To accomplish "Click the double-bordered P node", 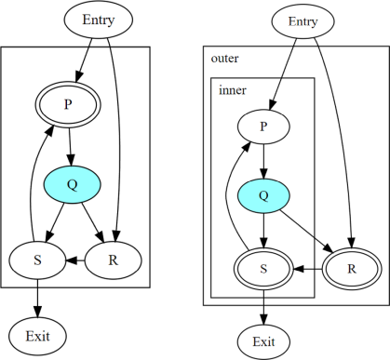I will click(68, 104).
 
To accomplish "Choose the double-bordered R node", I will click(350, 269).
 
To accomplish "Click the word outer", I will click(224, 58).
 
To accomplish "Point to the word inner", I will click(232, 90).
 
